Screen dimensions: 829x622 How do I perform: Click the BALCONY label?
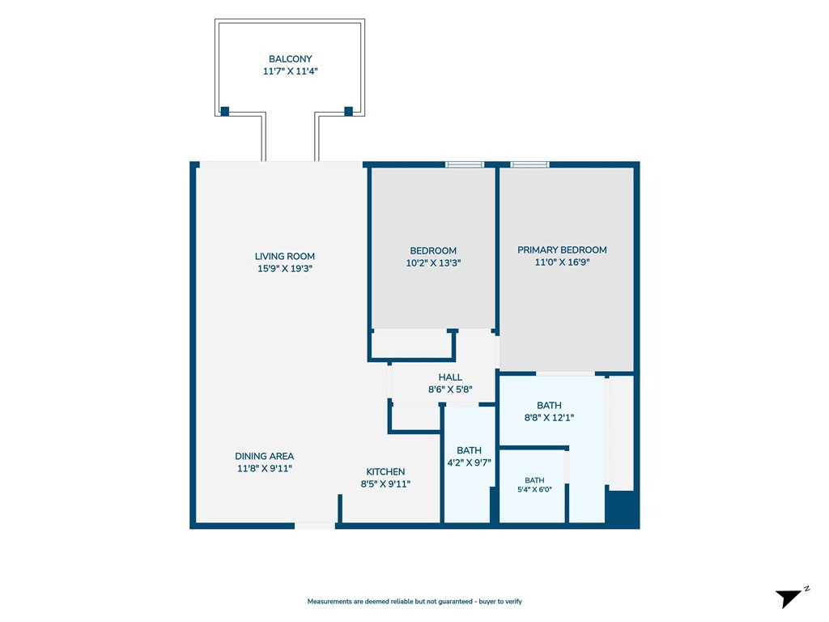click(x=290, y=58)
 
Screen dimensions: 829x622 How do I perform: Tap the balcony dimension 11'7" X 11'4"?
click(x=290, y=71)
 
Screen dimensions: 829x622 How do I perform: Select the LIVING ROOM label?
click(x=284, y=256)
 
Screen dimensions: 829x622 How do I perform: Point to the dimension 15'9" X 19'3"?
click(x=284, y=268)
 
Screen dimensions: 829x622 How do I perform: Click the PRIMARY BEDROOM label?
click(x=562, y=249)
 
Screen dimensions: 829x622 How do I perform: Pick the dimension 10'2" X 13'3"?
click(x=433, y=263)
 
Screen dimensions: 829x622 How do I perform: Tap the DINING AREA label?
click(x=265, y=456)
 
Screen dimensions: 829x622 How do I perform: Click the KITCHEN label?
click(x=385, y=472)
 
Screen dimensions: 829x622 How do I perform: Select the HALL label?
click(x=450, y=377)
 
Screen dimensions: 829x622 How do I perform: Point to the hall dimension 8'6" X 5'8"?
click(x=450, y=390)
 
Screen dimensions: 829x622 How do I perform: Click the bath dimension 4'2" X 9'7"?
click(x=469, y=462)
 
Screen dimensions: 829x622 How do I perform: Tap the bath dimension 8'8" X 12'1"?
click(x=549, y=417)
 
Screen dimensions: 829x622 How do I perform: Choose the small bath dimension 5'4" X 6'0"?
click(x=534, y=489)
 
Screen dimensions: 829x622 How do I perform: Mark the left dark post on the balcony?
click(x=225, y=111)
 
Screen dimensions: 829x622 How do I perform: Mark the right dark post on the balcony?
click(x=348, y=111)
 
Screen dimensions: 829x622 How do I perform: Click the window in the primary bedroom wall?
click(x=529, y=164)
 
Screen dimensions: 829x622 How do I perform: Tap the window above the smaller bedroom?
click(x=464, y=164)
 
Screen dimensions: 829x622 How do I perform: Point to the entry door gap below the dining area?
click(x=315, y=526)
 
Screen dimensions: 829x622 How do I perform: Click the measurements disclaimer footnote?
click(x=414, y=602)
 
